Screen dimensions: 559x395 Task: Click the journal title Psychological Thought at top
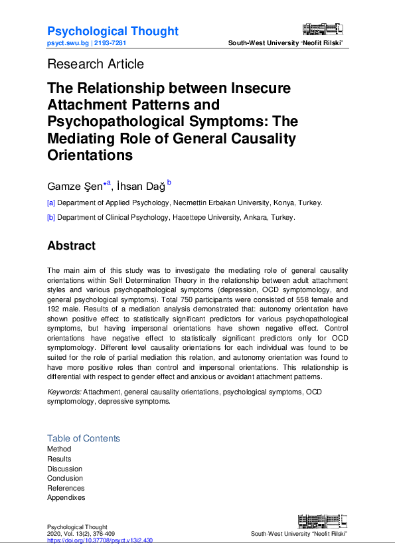point(112,31)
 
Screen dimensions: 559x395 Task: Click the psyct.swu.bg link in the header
point(67,42)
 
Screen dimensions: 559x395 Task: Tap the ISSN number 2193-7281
point(110,42)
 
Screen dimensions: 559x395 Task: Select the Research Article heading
point(95,64)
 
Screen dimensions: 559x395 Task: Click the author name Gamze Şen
point(75,187)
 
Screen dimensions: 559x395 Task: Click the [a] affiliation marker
point(51,203)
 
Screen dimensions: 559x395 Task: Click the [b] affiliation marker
point(51,217)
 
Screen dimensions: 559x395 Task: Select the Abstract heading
point(71,246)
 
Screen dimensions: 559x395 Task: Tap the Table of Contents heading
point(84,438)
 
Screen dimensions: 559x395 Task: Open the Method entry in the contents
point(59,449)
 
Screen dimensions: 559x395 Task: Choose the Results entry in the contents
point(59,459)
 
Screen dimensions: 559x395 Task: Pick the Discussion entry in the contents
point(64,469)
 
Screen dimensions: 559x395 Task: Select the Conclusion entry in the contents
point(65,478)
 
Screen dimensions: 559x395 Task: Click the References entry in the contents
point(66,488)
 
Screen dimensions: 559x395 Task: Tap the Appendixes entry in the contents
point(66,497)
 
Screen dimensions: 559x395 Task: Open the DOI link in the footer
point(100,540)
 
